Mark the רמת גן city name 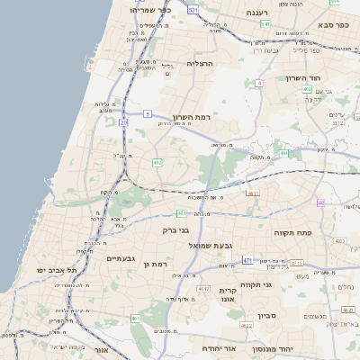coord(157,264)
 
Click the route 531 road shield coord(193,8)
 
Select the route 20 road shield coord(123,121)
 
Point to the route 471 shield coord(247,261)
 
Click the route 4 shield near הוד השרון coord(259,83)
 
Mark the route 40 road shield coord(320,202)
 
